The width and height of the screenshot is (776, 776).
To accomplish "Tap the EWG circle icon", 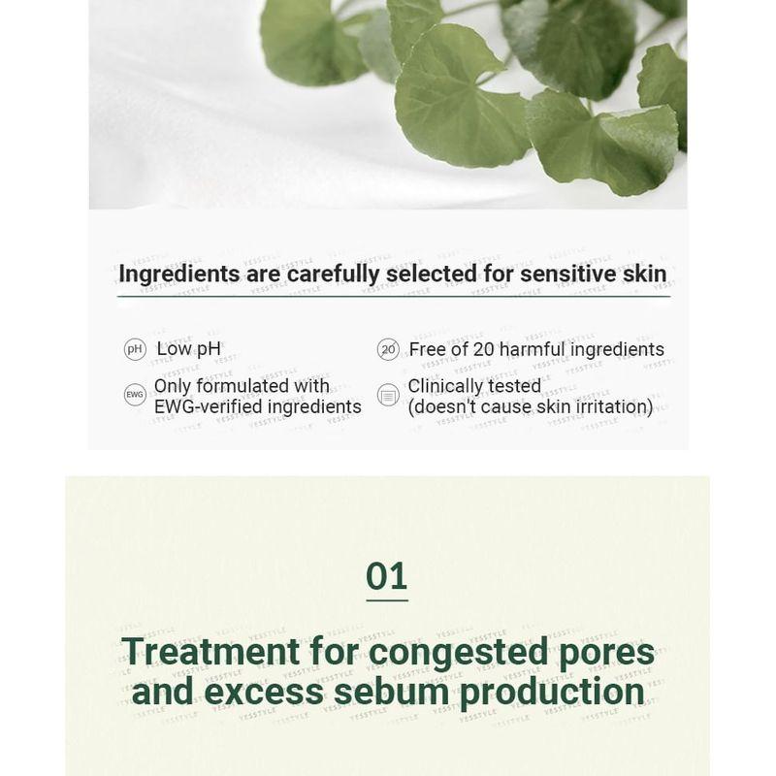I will pos(135,395).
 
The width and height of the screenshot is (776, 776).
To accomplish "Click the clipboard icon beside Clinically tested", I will pos(388,396).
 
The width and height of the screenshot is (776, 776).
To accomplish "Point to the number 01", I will pos(386,576).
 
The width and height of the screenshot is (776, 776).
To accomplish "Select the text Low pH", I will pos(189,349).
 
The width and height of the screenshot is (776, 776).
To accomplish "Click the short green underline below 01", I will pos(386,599).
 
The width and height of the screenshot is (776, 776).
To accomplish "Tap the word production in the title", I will pos(551,692).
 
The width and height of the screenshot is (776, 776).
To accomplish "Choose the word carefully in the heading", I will pos(335,275).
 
